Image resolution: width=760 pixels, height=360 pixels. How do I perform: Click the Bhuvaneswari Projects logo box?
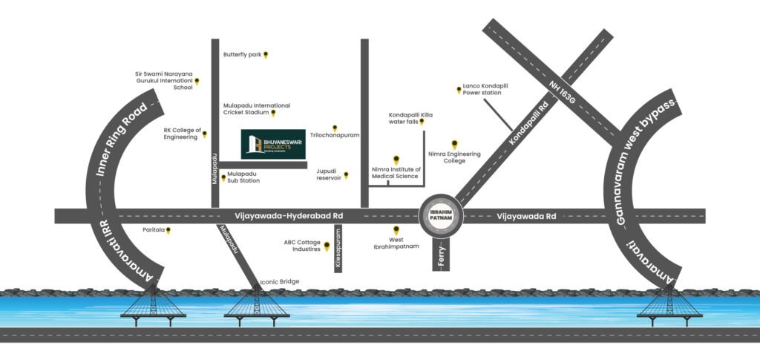273,145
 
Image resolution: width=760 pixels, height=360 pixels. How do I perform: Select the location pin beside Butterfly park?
266,55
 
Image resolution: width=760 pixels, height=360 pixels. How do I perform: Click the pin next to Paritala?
168,231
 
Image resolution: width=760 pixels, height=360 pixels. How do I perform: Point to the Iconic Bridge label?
279,282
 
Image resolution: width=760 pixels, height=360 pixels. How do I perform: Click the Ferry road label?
441,253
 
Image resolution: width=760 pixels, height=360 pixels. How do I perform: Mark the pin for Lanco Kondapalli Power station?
458,90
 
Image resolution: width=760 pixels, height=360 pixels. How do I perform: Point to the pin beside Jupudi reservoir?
346,175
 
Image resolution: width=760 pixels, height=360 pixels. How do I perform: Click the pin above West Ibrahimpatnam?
396,230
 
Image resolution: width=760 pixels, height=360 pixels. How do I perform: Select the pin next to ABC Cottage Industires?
327,246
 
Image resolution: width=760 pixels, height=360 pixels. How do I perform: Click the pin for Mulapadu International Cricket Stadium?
273,114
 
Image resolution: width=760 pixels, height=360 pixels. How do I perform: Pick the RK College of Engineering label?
183,134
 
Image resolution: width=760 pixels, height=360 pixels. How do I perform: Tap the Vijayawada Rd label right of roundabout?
525,216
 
